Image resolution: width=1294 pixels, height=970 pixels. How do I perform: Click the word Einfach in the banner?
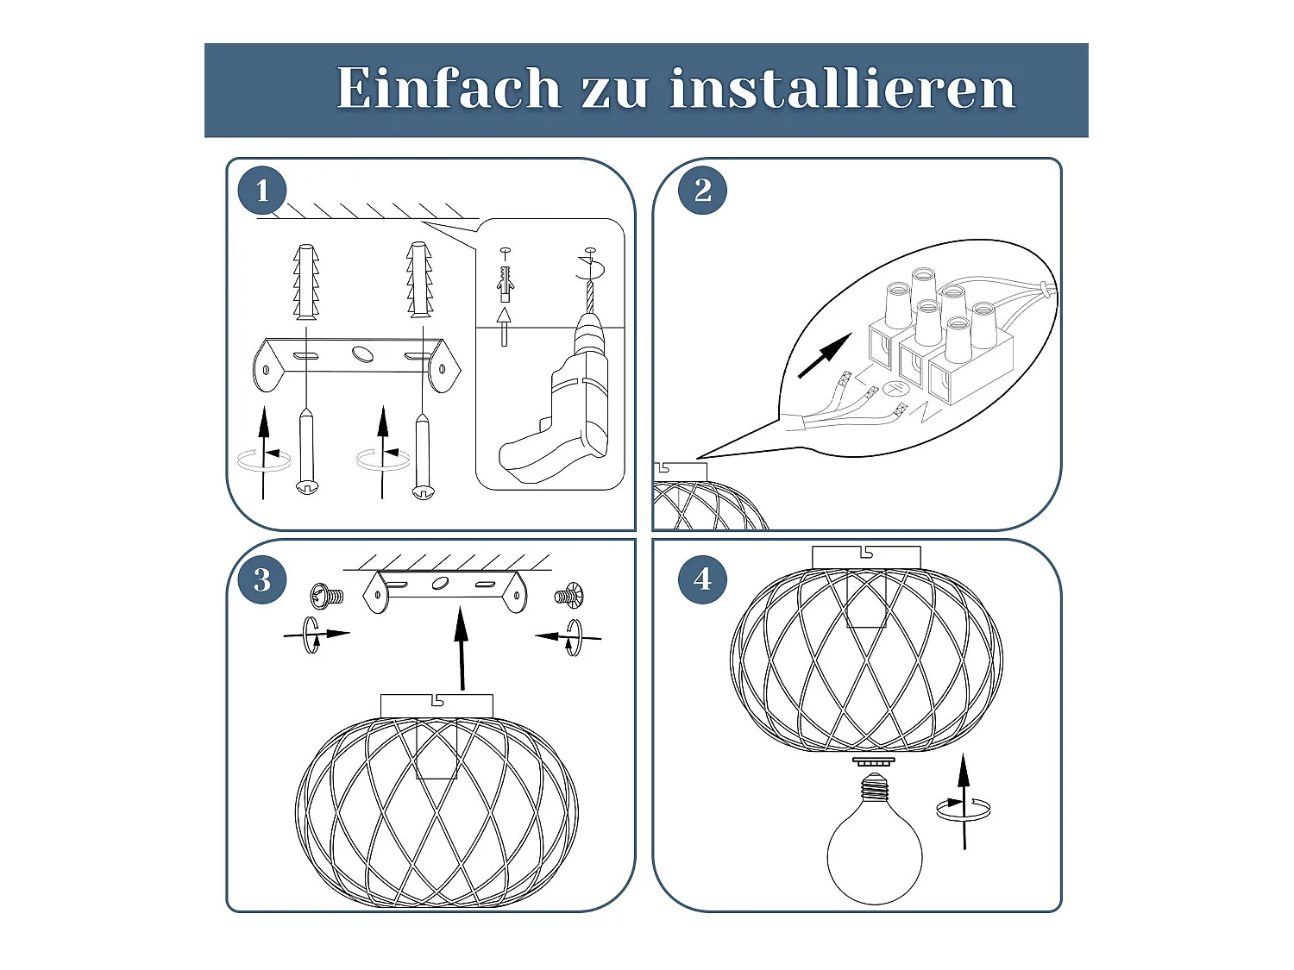pos(448,88)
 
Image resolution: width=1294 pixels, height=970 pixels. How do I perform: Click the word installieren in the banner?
pos(842,88)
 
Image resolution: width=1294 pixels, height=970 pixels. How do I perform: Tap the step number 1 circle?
pos(262,191)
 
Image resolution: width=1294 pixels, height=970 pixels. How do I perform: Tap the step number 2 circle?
pos(702,191)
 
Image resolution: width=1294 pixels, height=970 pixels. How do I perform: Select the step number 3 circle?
pos(262,579)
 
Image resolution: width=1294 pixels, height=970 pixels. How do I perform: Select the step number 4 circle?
pos(702,579)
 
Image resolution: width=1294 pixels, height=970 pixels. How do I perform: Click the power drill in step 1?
pos(565,405)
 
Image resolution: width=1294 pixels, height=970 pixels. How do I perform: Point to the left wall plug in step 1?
pos(306,280)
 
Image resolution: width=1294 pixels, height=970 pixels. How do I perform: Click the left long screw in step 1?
pos(306,453)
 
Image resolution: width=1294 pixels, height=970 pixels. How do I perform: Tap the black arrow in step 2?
pos(824,356)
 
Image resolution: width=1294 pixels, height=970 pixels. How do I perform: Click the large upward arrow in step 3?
pos(462,647)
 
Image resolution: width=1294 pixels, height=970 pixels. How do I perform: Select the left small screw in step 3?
pos(327,595)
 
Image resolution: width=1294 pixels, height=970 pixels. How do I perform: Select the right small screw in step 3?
pos(568,595)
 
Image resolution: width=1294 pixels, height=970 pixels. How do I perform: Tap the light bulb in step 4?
pos(874,845)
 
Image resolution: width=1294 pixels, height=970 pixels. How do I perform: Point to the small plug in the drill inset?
pos(505,281)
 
